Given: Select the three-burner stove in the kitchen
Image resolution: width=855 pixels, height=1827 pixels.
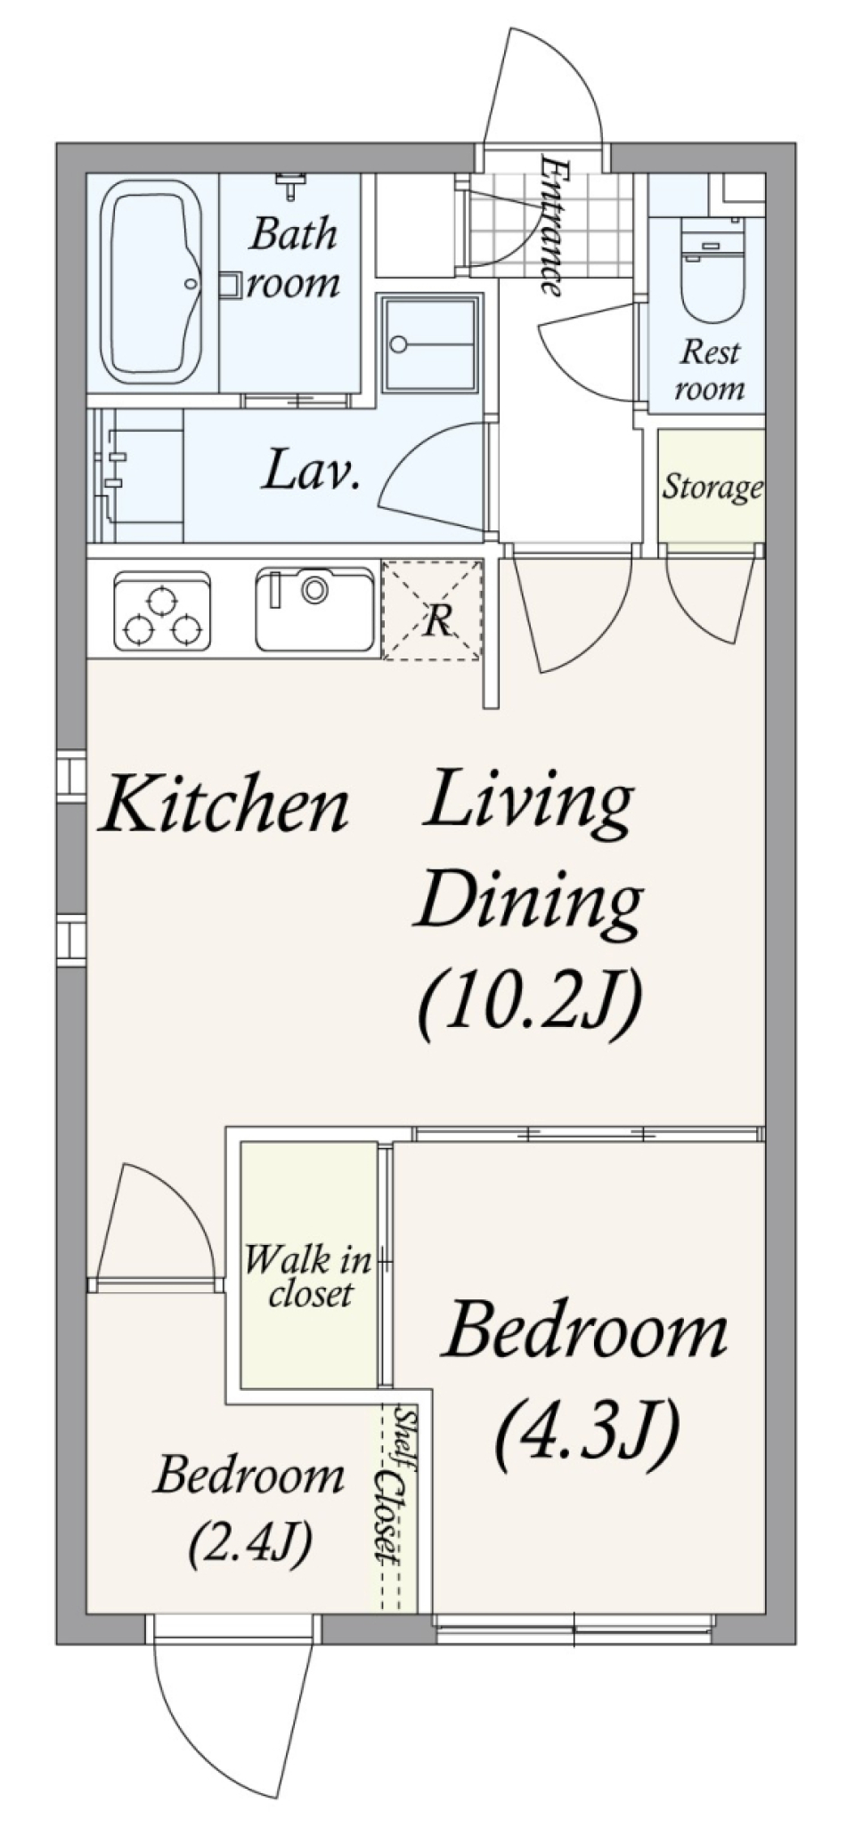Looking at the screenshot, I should tap(162, 611).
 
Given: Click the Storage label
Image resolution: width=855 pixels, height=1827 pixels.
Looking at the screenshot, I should tap(712, 487).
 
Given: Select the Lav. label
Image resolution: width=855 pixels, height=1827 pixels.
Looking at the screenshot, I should tap(310, 472).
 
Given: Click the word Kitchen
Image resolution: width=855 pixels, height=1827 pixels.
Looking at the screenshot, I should tap(224, 804).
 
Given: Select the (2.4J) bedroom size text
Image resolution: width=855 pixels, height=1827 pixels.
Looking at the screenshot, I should tap(249, 1542).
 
